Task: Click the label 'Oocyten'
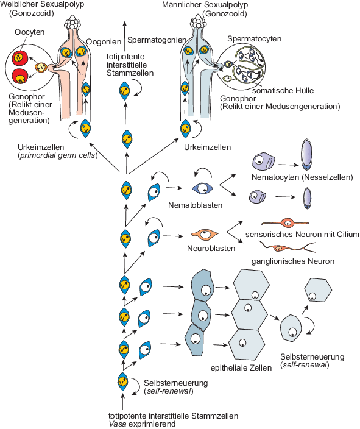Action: [30, 32]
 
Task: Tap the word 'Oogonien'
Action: [104, 42]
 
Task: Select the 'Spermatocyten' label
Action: [255, 39]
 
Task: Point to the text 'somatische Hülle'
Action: [283, 91]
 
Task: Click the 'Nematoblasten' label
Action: [196, 205]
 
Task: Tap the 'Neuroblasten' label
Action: [211, 248]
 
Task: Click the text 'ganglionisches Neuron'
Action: [293, 261]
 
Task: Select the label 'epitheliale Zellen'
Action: [241, 367]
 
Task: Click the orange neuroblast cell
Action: [205, 234]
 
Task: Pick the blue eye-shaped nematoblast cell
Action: [202, 188]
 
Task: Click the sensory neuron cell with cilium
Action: [285, 222]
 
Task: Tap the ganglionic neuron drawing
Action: [287, 247]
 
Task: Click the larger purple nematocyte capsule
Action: [306, 155]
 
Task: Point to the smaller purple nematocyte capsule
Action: [307, 198]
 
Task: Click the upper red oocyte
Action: [19, 58]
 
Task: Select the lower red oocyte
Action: [20, 77]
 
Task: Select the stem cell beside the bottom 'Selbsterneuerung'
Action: [122, 381]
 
